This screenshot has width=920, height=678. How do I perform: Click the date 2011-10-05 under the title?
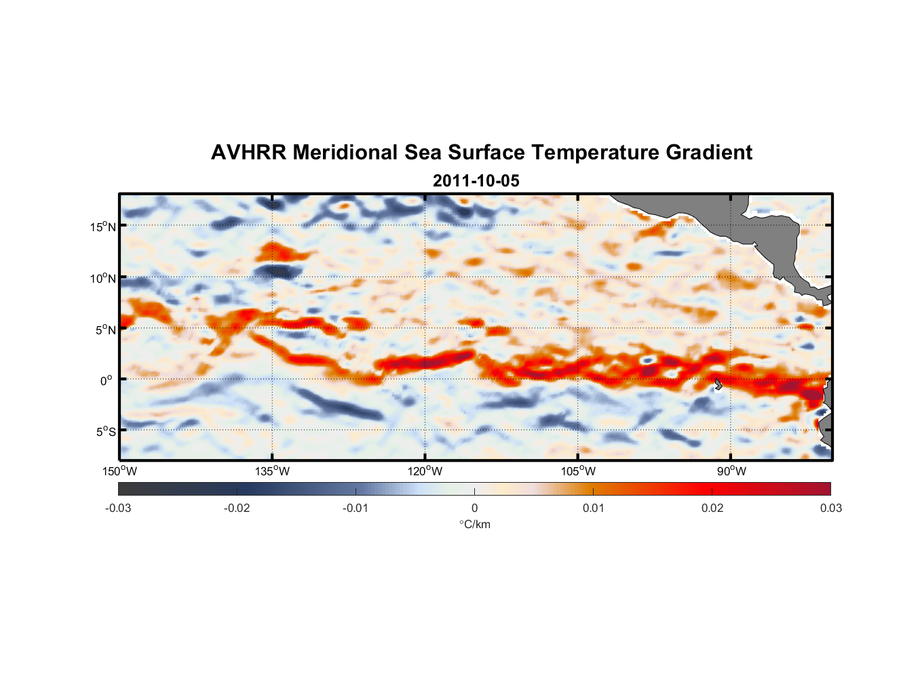click(x=476, y=181)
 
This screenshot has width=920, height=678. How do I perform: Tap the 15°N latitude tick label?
click(x=103, y=226)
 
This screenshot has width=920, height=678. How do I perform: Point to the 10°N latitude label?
click(x=103, y=278)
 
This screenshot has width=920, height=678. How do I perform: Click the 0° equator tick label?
click(x=107, y=380)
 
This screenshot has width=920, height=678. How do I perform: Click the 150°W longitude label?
click(x=119, y=471)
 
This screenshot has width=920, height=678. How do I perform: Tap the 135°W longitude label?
click(x=273, y=471)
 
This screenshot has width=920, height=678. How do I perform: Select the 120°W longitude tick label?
click(x=425, y=471)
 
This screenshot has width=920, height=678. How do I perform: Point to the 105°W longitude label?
click(x=578, y=471)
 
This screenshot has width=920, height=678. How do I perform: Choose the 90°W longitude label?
click(x=731, y=471)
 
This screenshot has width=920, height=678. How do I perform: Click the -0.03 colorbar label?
click(x=118, y=508)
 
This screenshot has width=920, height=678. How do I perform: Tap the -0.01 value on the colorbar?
click(x=356, y=508)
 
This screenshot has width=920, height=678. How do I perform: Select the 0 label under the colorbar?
click(x=474, y=508)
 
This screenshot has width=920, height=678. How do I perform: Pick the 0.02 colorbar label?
click(x=712, y=508)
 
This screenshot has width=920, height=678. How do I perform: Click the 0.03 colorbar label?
click(x=830, y=508)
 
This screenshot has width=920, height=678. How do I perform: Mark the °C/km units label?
click(x=474, y=524)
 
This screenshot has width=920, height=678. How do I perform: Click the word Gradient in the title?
click(x=708, y=153)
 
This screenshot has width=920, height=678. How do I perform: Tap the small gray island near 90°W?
click(x=718, y=384)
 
